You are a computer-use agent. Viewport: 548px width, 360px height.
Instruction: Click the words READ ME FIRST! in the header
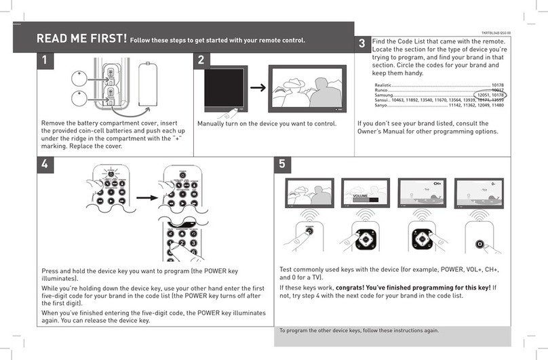[81, 39]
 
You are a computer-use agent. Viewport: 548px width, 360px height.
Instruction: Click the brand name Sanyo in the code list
[382, 106]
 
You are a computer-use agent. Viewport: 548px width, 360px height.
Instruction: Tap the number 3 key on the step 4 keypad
[193, 243]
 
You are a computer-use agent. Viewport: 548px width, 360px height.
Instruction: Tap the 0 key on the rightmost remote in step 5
[480, 243]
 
